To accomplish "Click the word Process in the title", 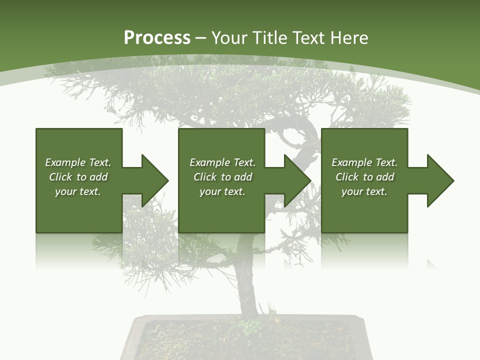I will pos(157,38).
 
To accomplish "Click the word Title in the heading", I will pos(270,38).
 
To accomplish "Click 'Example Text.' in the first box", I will pos(78,162).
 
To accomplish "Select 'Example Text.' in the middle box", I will pos(222,162).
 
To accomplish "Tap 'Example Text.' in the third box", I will pos(364,162).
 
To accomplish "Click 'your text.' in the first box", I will pos(78,191).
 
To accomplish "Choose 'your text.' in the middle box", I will pos(222,191).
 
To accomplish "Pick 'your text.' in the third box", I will pos(364,191).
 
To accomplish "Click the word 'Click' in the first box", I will pos(61,177).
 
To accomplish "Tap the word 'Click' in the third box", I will pos(347,177).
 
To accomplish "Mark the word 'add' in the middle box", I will pos(243,177).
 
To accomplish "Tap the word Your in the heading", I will pos(229,38).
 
